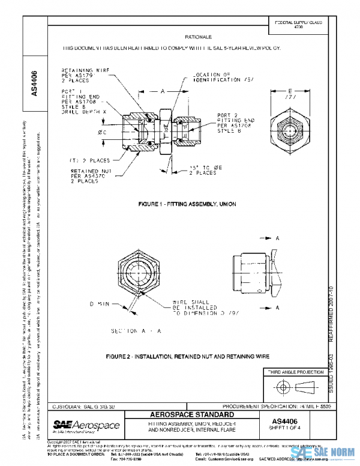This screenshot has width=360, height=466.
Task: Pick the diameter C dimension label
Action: pos(89,131)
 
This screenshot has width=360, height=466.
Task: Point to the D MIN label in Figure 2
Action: pos(100,304)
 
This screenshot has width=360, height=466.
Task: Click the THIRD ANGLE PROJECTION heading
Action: pos(294,373)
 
